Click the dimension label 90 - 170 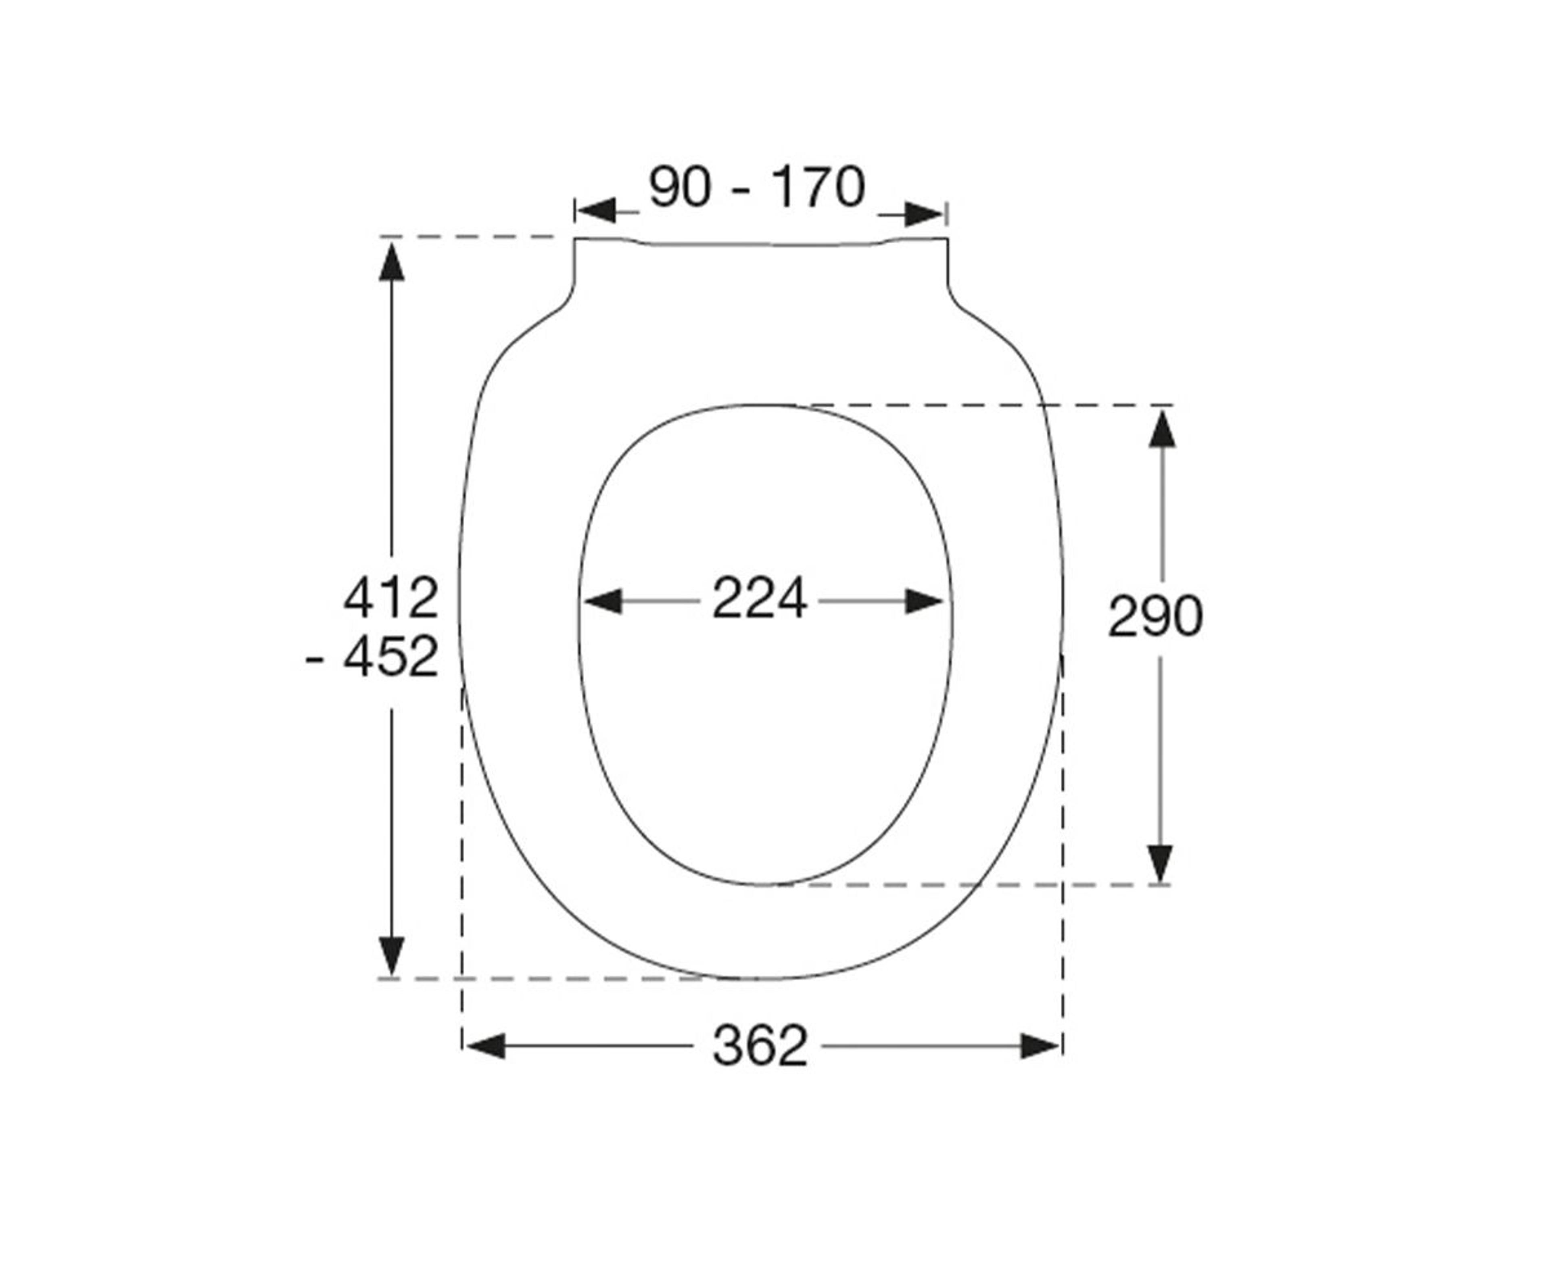pos(757,187)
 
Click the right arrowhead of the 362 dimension pos(1040,1046)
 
